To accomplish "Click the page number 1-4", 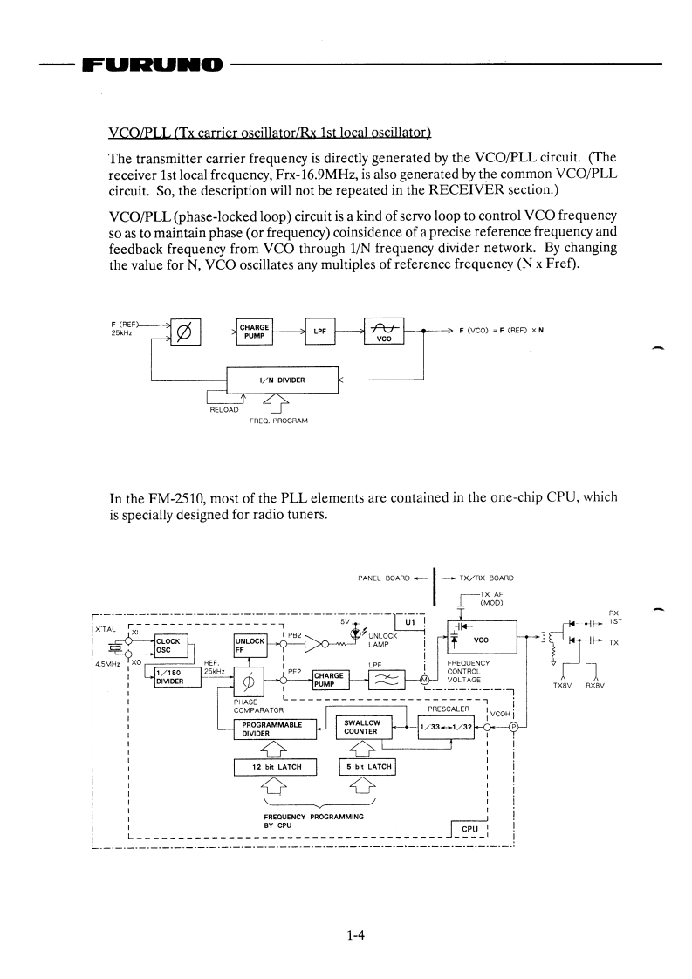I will click(353, 936).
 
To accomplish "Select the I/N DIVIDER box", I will click(281, 380).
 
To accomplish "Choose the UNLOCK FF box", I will click(250, 645).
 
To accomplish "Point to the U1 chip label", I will click(410, 622).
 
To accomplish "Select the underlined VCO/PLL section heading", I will click(269, 133).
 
